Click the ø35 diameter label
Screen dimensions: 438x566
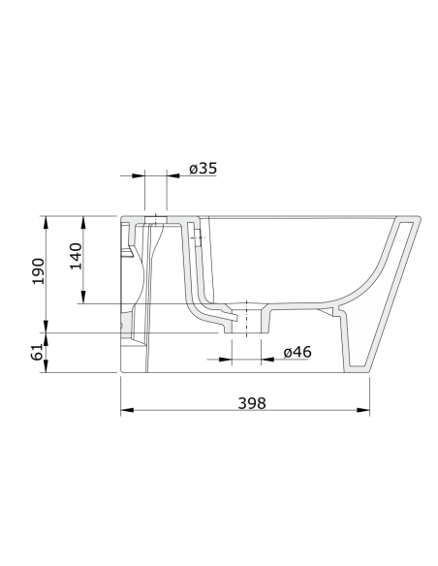point(203,169)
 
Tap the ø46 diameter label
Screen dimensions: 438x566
point(297,352)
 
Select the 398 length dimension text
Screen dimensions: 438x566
point(252,403)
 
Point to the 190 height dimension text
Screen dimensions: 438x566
point(39,271)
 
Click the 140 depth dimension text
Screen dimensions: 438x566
point(77,256)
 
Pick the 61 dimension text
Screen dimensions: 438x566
point(37,352)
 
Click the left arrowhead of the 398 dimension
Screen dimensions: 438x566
point(127,410)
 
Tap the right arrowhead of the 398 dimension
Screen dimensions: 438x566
point(363,410)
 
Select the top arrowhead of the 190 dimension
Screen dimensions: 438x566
point(46,222)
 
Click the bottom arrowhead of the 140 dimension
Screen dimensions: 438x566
point(83,298)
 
